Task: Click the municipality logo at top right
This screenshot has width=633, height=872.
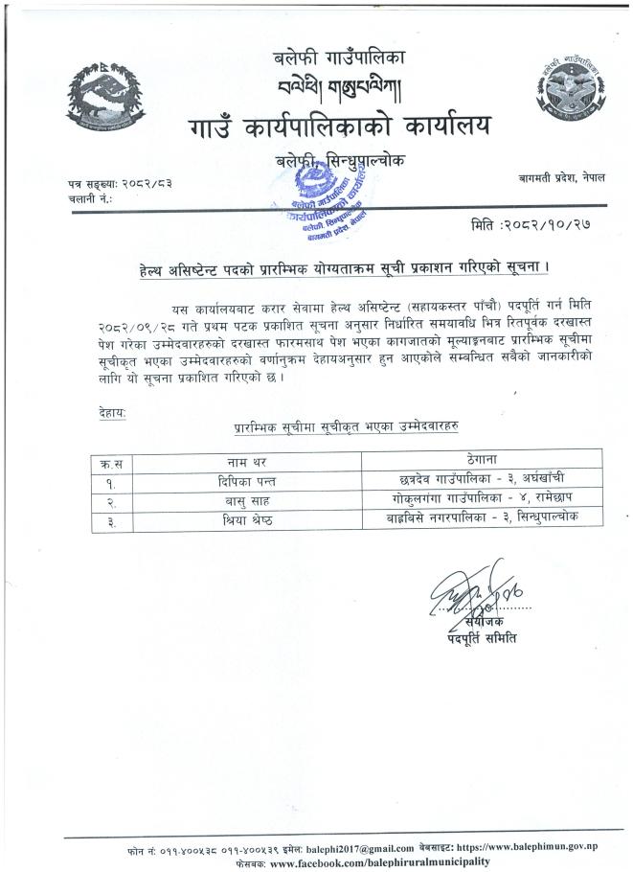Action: coord(563,91)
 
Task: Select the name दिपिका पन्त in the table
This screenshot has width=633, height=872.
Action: coord(246,481)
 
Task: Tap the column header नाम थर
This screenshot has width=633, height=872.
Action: coord(246,461)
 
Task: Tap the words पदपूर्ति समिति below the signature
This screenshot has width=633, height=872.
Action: coord(481,637)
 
